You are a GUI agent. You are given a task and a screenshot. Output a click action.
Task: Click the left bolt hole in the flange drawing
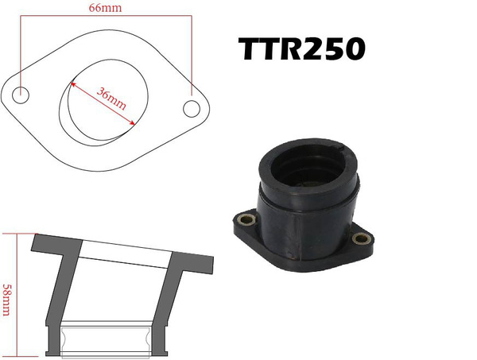click(22, 94)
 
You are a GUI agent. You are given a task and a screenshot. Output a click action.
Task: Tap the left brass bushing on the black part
click(246, 219)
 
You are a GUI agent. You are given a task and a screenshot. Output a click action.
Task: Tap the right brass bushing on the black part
click(360, 237)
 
